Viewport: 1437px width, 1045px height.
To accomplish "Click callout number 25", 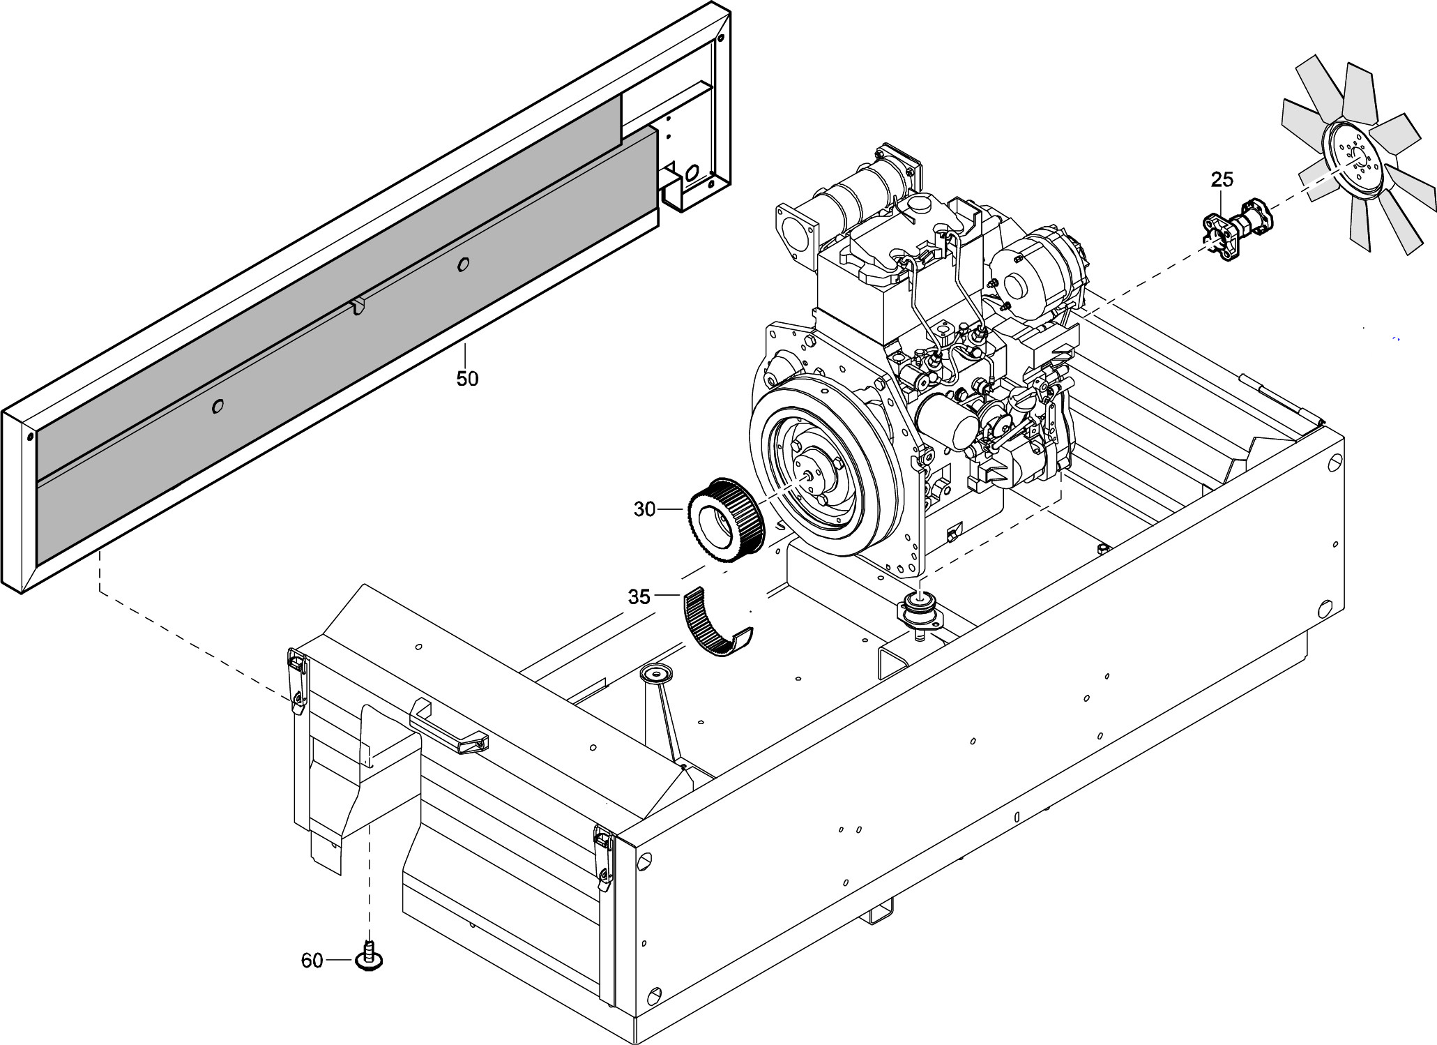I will point(1222,180).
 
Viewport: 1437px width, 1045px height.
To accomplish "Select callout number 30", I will point(644,510).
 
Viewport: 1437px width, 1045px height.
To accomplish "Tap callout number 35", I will point(639,597).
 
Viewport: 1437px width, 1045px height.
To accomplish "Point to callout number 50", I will point(467,379).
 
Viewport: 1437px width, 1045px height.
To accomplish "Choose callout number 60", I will point(312,961).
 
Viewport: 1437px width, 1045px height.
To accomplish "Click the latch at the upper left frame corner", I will point(297,680).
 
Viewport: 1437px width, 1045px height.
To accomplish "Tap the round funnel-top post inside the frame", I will point(656,674).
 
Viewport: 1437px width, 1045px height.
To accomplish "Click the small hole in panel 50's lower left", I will point(218,406).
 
